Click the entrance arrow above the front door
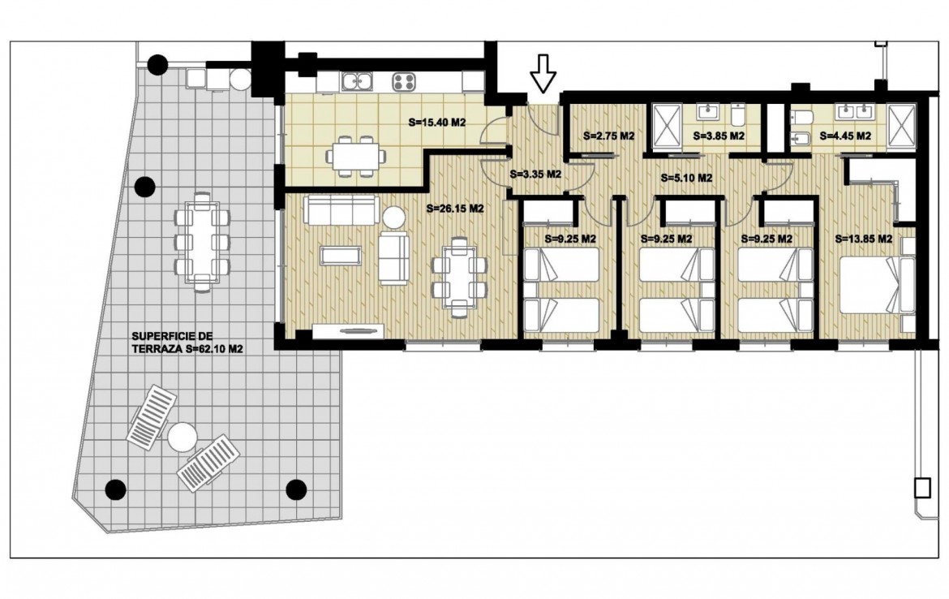pyautogui.click(x=543, y=73)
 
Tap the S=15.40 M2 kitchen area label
pyautogui.click(x=437, y=123)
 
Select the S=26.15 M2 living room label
pyautogui.click(x=455, y=209)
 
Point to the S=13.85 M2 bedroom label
pyautogui.click(x=864, y=239)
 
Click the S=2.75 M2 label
pyautogui.click(x=609, y=136)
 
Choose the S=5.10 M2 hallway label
pyautogui.click(x=686, y=178)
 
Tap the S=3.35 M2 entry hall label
pyautogui.click(x=535, y=175)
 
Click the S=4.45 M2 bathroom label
pyautogui.click(x=845, y=136)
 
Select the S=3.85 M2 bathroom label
pyautogui.click(x=719, y=136)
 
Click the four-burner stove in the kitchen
pyautogui.click(x=404, y=81)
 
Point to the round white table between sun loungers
pyautogui.click(x=182, y=437)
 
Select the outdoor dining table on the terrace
pyautogui.click(x=202, y=242)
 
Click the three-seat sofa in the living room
pyautogui.click(x=341, y=210)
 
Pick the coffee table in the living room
pyautogui.click(x=342, y=256)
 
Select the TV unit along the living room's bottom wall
pyautogui.click(x=349, y=330)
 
